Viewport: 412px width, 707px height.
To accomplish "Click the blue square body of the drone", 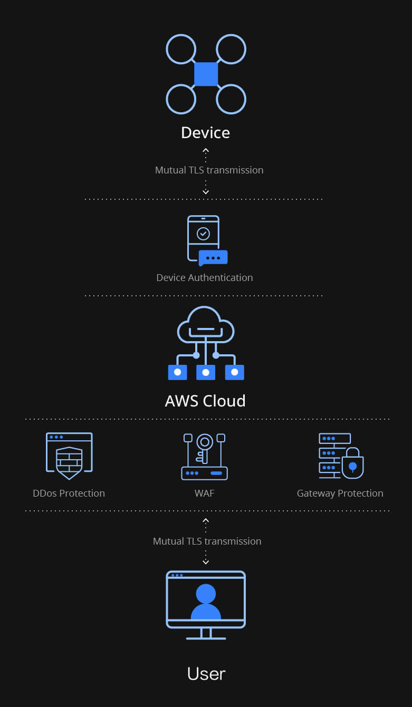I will click(206, 74).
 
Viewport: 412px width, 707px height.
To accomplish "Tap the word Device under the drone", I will click(205, 132).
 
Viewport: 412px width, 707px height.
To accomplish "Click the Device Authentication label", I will click(205, 277).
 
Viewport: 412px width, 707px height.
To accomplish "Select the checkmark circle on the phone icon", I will click(203, 233).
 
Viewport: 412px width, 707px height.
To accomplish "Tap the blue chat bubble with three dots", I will click(213, 258).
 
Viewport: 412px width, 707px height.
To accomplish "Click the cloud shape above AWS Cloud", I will click(206, 324).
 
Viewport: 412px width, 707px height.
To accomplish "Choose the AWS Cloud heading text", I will click(205, 401).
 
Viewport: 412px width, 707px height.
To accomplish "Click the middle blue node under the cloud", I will click(206, 372).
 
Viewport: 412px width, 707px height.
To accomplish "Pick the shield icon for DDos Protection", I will click(69, 462).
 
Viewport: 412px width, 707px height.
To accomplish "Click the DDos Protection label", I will click(69, 493).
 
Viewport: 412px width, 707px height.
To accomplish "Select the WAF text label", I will click(204, 493).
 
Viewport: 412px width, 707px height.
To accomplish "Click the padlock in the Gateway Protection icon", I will click(353, 464).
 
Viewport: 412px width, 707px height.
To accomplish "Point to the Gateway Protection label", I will click(340, 493).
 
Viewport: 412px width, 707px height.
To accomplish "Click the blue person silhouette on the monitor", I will click(206, 603).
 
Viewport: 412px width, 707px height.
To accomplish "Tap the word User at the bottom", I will click(206, 673).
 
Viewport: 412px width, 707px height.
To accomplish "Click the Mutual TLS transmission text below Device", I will click(209, 170).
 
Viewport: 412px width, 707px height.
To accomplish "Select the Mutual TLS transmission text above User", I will click(207, 541).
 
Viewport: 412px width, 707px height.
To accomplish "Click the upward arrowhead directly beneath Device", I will click(206, 150).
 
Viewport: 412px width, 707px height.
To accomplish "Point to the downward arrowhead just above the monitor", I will click(206, 562).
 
